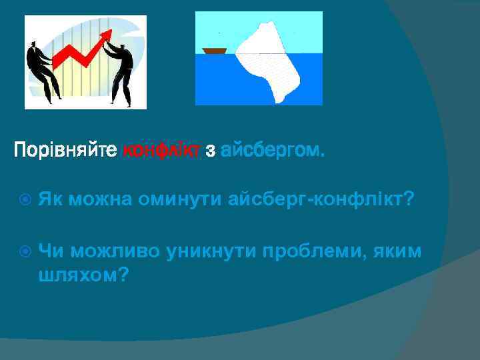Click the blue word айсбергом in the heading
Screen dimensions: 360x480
point(272,152)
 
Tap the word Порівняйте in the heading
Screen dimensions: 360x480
point(65,152)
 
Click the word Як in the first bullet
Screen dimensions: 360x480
point(49,198)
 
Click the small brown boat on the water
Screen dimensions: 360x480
point(215,50)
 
